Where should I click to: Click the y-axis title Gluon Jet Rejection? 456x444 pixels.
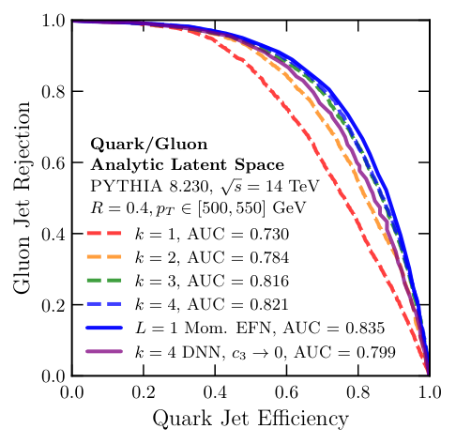[x=22, y=197]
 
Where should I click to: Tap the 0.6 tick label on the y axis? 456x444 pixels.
[x=51, y=163]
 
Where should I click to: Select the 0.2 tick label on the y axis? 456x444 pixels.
[x=51, y=305]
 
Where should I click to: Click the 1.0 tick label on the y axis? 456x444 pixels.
[x=51, y=21]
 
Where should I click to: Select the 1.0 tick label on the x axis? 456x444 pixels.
[x=430, y=391]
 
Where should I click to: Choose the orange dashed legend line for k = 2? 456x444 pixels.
[x=110, y=257]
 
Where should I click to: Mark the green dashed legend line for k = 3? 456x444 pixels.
[x=110, y=281]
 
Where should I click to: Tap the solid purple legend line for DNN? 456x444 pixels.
[x=110, y=351]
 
